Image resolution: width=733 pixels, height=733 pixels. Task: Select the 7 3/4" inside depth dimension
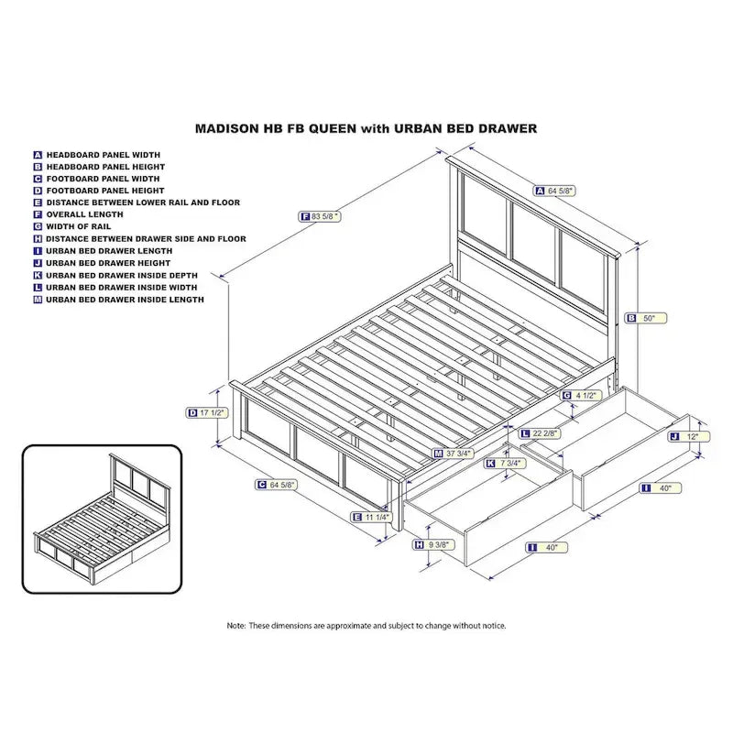[x=509, y=464]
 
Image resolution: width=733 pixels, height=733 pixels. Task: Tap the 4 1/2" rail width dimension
[x=585, y=395]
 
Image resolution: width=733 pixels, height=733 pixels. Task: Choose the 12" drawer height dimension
[x=692, y=437]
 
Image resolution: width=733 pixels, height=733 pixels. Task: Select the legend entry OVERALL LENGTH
[x=79, y=213]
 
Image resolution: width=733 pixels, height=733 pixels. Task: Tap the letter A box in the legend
[x=38, y=155]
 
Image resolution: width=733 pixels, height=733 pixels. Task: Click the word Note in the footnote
[x=236, y=626]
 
